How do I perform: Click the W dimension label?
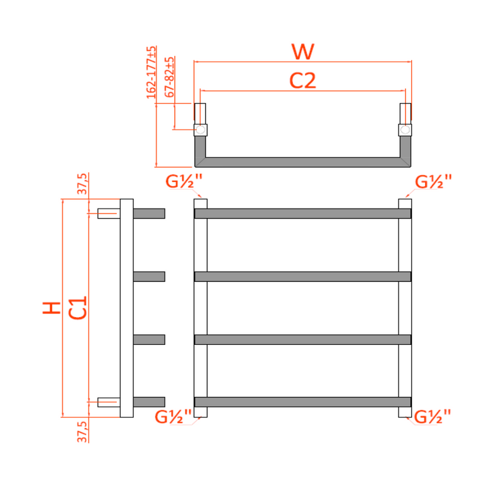coord(302,52)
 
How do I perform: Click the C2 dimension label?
coord(302,80)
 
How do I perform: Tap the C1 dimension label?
coord(77,307)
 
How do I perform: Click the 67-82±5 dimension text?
coord(169,77)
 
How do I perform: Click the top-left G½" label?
coord(184,182)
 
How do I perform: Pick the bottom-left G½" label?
coord(173,416)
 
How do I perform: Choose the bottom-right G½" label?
coord(434,416)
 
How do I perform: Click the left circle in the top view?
coord(200,130)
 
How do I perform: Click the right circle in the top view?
coord(406,130)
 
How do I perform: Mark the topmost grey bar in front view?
coord(302,214)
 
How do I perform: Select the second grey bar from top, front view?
coord(302,276)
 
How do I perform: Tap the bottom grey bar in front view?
coord(302,402)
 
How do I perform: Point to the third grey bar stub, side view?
coord(149,339)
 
